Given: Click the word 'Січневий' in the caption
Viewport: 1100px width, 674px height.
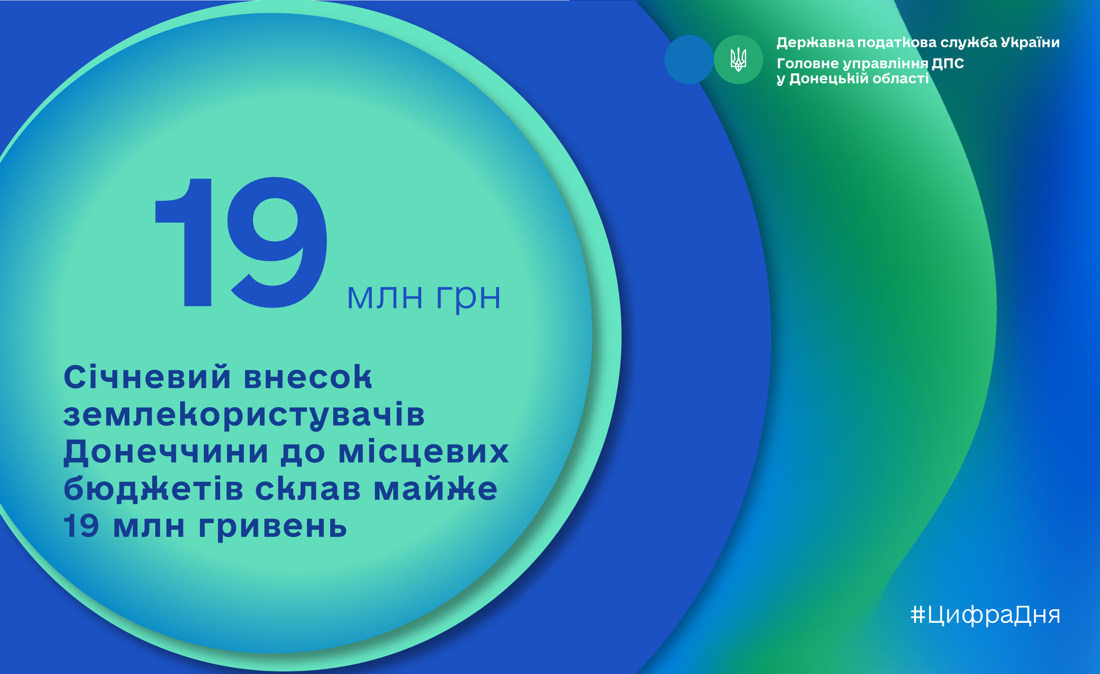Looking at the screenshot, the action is [147, 376].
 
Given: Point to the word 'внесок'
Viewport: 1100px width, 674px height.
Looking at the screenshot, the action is [308, 377].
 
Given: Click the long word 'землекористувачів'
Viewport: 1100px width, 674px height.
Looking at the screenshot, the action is [244, 415].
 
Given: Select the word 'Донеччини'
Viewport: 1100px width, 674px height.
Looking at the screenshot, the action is [166, 452].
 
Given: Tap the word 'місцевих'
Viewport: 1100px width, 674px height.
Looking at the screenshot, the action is [424, 452].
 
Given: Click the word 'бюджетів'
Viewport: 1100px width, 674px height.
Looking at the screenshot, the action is [153, 489].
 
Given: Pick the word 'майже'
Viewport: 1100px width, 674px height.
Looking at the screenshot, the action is [435, 489].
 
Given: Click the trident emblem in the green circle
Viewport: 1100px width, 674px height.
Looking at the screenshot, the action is [738, 59].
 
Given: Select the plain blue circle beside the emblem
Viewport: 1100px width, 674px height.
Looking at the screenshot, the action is [689, 59].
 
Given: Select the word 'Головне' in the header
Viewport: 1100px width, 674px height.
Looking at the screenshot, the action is [808, 63].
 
